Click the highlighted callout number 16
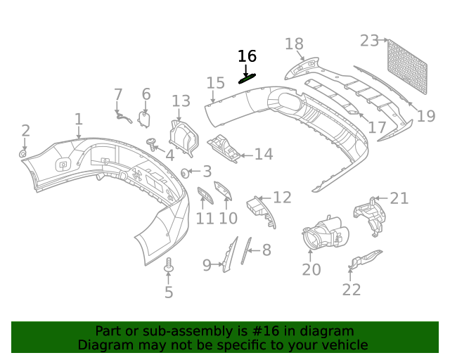tap(247, 56)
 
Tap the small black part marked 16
tap(247, 78)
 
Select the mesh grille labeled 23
tap(409, 65)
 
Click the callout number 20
tap(311, 269)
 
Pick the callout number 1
tap(79, 120)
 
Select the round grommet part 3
tap(185, 172)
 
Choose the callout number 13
tap(181, 101)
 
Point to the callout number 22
tap(352, 289)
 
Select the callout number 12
tap(282, 198)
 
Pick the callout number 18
tap(295, 44)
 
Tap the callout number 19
tap(426, 115)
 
